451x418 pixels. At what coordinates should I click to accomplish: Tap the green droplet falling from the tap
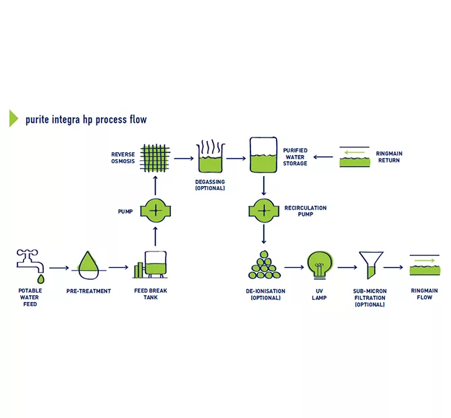[41, 279]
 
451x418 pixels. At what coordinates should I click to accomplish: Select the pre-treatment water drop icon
[89, 266]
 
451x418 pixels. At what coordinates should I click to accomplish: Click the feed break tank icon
[150, 265]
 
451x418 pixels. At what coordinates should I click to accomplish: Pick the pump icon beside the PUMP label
[155, 210]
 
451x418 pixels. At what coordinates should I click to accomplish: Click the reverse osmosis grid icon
[155, 158]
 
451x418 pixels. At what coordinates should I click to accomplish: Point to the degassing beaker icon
[210, 156]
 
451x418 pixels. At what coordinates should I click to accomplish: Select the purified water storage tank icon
[263, 154]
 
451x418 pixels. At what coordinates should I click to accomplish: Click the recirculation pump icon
[264, 210]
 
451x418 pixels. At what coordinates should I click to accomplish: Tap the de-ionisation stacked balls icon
[265, 265]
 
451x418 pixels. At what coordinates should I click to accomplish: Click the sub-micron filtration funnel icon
[371, 265]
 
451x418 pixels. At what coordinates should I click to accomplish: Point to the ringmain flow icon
[425, 265]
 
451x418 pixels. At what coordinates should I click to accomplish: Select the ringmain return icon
[355, 156]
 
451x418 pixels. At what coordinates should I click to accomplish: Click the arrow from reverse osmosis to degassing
[184, 158]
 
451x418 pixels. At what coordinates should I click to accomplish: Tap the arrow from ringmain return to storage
[323, 157]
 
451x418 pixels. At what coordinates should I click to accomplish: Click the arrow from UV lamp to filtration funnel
[347, 268]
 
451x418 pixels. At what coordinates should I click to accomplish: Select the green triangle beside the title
[13, 118]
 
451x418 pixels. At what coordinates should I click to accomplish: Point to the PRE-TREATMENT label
[89, 291]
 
